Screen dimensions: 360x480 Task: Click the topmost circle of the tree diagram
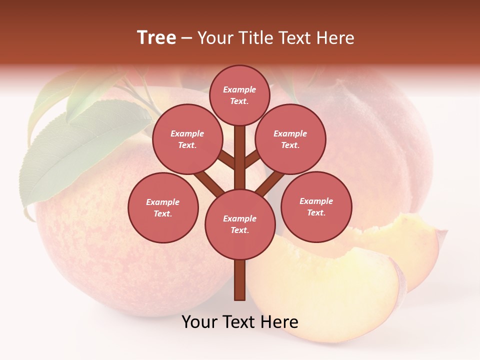tap(239, 95)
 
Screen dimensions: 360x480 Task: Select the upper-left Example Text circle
tap(187, 139)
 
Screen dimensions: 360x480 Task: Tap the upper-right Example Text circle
tap(290, 139)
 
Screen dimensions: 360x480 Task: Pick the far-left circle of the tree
tap(163, 207)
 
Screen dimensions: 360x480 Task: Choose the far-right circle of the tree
tap(316, 206)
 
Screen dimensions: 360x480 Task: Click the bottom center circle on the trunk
tap(240, 224)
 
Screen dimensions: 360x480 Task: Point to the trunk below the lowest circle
tap(240, 280)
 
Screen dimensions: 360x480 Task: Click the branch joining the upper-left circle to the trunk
tap(226, 160)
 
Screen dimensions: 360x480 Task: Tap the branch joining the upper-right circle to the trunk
tap(252, 159)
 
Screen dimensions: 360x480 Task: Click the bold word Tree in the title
tap(156, 37)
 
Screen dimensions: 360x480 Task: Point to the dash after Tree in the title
tap(186, 38)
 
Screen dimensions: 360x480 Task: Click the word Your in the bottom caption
tap(200, 322)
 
